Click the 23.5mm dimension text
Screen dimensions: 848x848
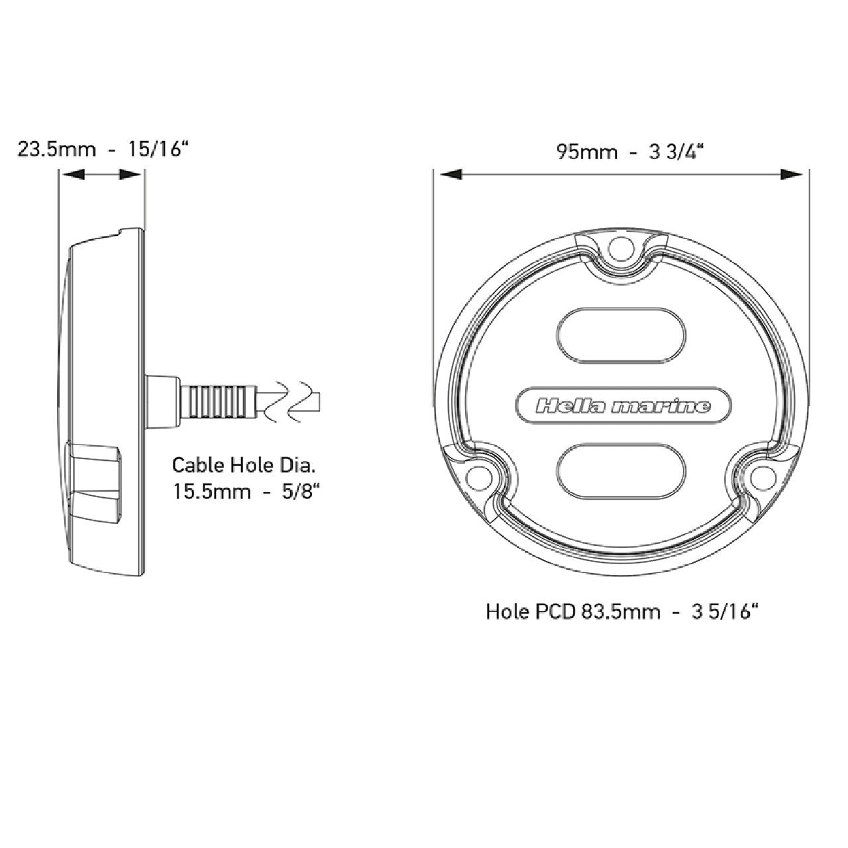(x=56, y=150)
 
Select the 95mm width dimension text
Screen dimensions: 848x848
(x=587, y=152)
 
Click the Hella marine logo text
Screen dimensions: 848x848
(x=622, y=406)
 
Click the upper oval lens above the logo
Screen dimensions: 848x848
(x=621, y=335)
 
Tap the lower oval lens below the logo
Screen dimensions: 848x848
(x=621, y=471)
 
